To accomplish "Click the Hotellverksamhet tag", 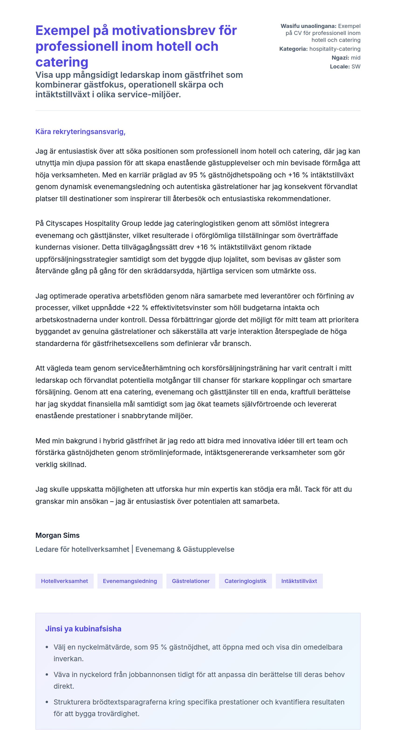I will tap(64, 581).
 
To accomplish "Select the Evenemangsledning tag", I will tap(130, 581).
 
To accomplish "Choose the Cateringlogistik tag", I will tap(245, 581).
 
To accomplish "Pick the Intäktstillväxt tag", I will tap(299, 581).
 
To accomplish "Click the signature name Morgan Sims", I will tap(57, 535).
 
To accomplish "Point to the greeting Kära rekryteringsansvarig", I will tap(80, 132).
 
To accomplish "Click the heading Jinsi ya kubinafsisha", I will tap(83, 629).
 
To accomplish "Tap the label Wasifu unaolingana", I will tap(308, 26).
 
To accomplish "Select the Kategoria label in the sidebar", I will tap(293, 49).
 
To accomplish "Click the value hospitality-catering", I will tap(335, 49).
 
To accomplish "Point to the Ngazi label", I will tap(340, 58).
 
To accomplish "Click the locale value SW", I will tap(356, 67).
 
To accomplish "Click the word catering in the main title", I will tap(62, 62).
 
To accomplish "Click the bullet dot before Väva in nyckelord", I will tap(47, 675).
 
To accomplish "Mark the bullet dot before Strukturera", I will tap(47, 702).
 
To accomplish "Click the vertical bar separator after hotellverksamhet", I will tap(132, 549).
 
